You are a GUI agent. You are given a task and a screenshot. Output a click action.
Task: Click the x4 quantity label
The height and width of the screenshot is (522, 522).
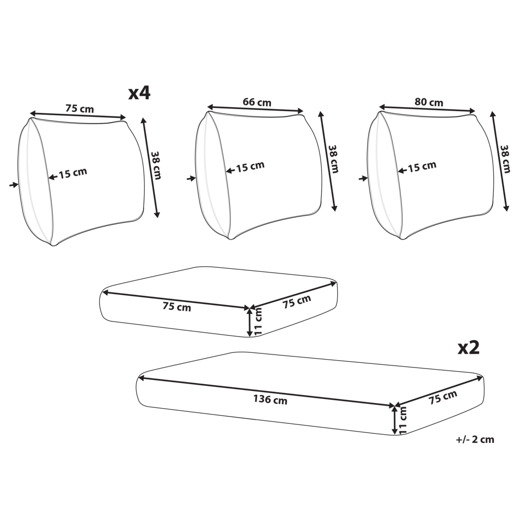(139, 93)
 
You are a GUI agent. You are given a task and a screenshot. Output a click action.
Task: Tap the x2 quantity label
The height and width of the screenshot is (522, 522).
(469, 348)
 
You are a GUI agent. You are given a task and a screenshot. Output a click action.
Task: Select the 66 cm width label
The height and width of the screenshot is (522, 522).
(257, 102)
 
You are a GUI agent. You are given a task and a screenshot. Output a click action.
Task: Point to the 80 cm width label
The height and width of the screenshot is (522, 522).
(429, 102)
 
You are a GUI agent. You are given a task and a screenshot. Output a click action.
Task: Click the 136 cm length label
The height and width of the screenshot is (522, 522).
(270, 399)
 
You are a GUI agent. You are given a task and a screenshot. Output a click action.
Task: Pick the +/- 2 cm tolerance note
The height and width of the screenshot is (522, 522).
(475, 440)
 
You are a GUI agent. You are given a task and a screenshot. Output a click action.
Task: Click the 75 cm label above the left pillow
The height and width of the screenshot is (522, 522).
(79, 108)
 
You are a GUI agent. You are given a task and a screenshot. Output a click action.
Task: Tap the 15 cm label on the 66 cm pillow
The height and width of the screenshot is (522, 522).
(251, 167)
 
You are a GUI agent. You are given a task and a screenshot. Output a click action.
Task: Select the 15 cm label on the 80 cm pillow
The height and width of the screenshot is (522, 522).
(422, 167)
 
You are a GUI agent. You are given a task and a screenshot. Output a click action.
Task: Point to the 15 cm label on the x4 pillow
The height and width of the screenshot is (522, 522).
(73, 173)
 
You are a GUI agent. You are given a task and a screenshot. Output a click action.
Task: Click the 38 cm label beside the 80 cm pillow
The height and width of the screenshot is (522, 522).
(505, 159)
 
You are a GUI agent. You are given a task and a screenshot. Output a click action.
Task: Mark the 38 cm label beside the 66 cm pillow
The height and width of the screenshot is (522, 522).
(334, 159)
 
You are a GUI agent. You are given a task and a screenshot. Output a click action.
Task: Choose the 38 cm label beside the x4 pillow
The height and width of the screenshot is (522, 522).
(156, 165)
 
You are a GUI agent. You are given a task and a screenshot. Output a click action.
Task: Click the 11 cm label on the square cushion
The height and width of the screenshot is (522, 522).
(258, 321)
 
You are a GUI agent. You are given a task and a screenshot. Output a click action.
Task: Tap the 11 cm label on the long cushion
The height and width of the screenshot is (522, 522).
(403, 420)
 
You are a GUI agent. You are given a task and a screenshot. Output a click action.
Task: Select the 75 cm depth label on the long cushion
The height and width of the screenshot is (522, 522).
(443, 397)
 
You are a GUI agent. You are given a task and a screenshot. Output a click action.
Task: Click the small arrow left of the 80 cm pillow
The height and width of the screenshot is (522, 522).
(363, 179)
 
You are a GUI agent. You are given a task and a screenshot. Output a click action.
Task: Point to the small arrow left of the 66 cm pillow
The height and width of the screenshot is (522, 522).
(191, 179)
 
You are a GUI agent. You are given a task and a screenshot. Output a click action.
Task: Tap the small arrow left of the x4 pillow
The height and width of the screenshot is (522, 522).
(14, 185)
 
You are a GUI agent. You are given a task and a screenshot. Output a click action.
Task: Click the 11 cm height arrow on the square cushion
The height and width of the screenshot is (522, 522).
(250, 322)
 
